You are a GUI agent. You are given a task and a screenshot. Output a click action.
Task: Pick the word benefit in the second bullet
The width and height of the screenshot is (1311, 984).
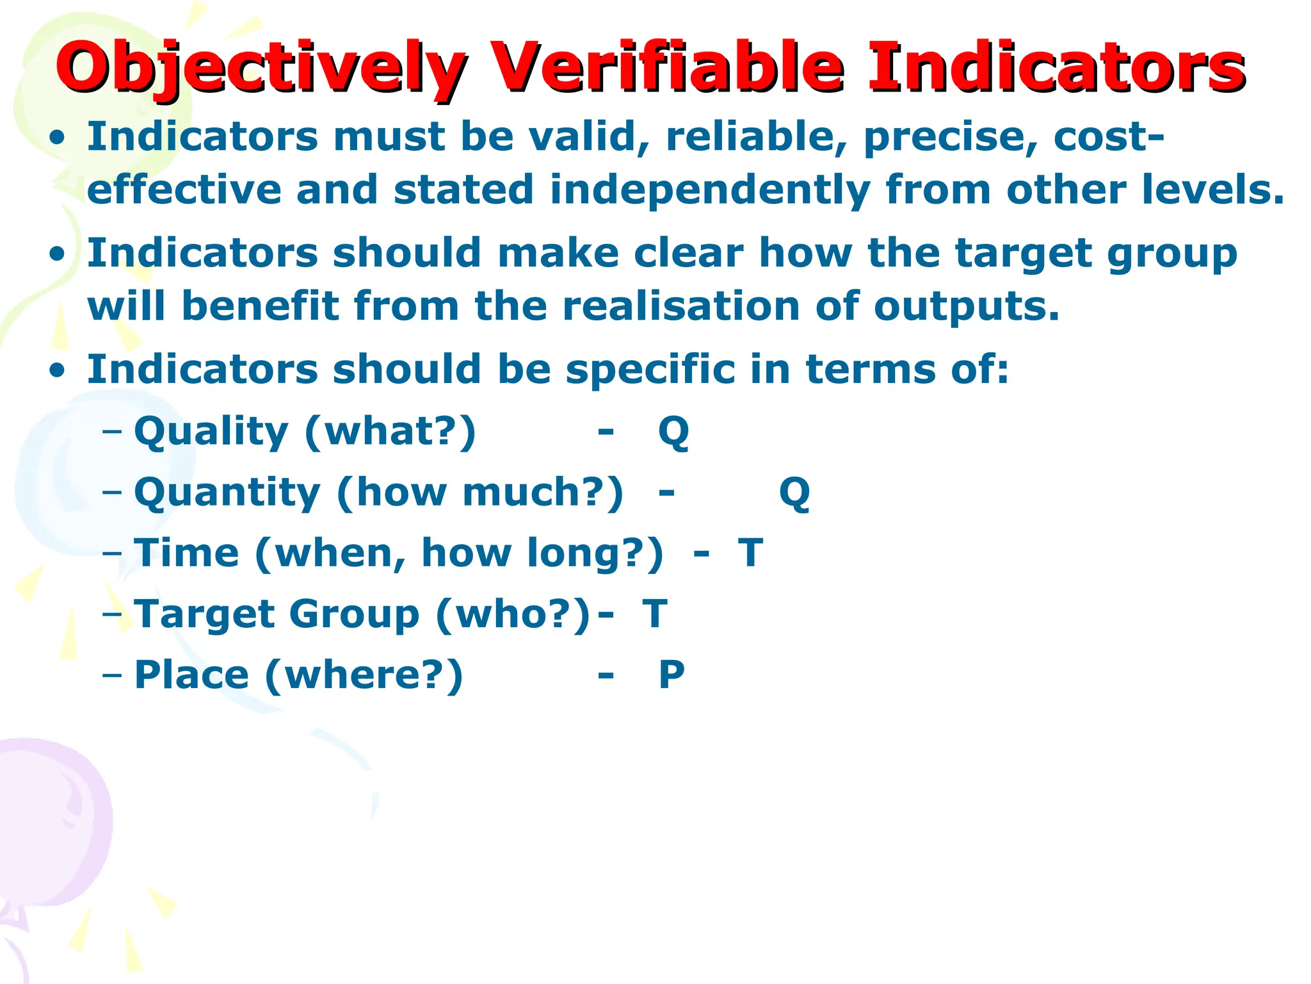[x=261, y=306]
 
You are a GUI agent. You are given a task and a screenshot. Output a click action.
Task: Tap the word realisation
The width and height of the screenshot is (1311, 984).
[x=680, y=306]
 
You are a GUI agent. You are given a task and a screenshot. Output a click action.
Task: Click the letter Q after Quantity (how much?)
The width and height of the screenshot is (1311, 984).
[x=794, y=493]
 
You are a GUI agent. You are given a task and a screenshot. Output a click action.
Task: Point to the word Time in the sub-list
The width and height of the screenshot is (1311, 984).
[x=187, y=552]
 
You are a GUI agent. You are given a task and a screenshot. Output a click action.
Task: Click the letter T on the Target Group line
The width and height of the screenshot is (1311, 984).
[x=655, y=614]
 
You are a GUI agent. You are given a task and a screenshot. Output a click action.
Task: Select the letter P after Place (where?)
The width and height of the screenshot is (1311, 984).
[x=672, y=675]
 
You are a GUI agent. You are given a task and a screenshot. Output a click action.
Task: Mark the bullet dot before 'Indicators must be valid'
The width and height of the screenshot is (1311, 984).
[x=58, y=138]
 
